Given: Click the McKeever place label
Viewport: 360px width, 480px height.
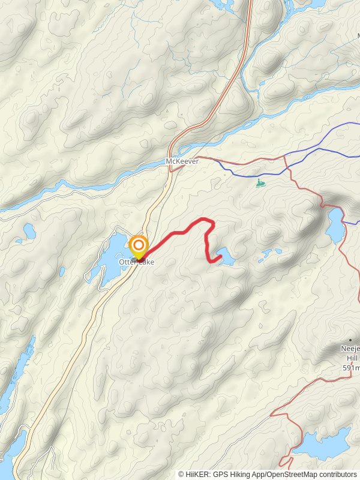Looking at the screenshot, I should (x=182, y=162).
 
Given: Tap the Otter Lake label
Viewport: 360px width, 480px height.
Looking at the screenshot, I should (x=136, y=263).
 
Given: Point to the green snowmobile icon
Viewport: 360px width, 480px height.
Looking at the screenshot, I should (x=259, y=182).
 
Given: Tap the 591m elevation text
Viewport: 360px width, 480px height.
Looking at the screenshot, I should (x=351, y=368).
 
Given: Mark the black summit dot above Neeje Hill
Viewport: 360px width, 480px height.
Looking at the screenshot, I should (x=351, y=340).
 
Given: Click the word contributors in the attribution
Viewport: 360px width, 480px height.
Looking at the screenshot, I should (x=337, y=475).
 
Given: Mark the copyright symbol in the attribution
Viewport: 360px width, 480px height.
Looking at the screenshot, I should (x=181, y=475).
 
